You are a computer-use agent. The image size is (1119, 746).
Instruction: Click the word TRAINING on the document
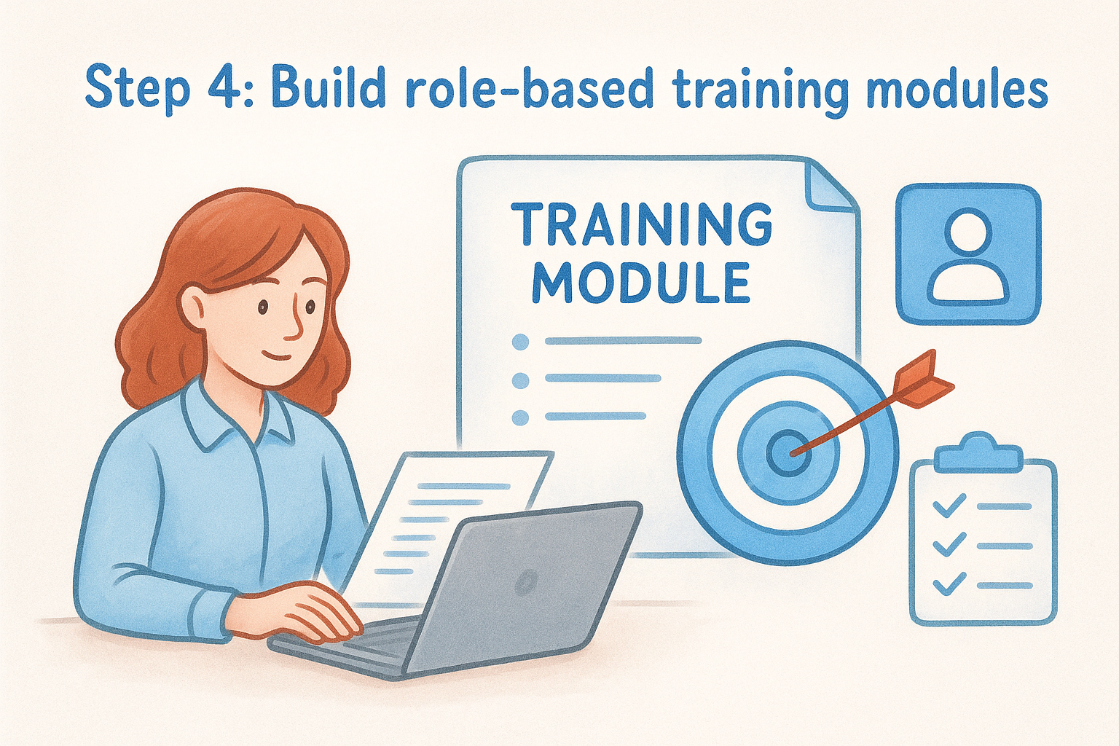tap(641, 224)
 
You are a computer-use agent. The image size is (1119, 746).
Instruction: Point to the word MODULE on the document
tap(641, 282)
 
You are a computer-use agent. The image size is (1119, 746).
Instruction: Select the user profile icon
tap(968, 253)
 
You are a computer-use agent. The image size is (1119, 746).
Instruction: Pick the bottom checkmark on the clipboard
tap(949, 584)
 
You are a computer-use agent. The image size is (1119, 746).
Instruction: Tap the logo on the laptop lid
tap(526, 581)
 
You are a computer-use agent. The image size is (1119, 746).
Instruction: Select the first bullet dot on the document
tap(520, 341)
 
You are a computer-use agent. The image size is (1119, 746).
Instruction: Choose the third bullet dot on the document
tap(520, 417)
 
